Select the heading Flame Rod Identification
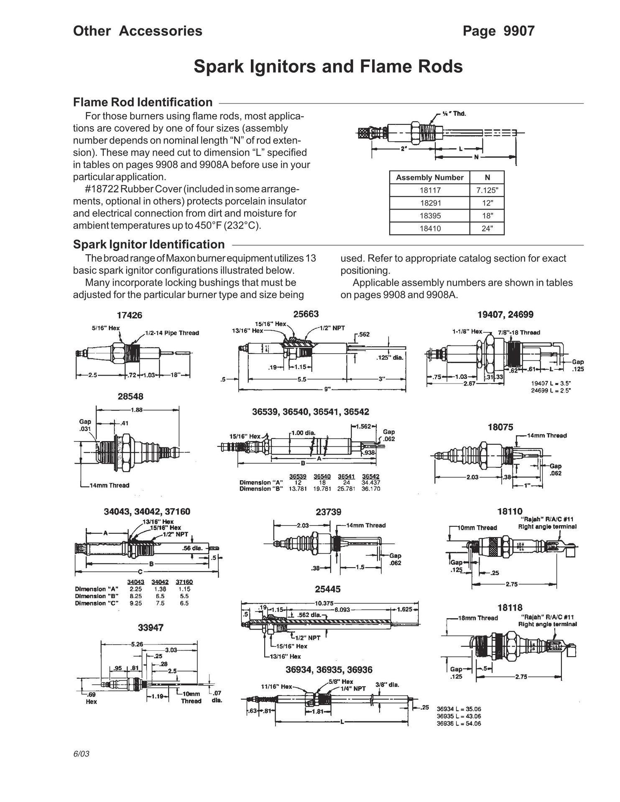coord(143,102)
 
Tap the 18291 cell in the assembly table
coord(430,203)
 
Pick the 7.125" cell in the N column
coord(487,190)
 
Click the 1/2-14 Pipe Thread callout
coord(172,333)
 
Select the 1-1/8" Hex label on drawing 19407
coord(467,332)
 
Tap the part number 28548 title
coord(130,396)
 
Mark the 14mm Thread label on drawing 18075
coord(547,436)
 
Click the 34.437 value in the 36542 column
coord(371,482)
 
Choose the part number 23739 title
coord(328,512)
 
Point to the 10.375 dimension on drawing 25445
coord(324,603)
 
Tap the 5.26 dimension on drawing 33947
coord(137,644)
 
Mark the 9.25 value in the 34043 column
coord(136,603)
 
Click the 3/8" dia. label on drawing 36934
coord(387,685)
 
